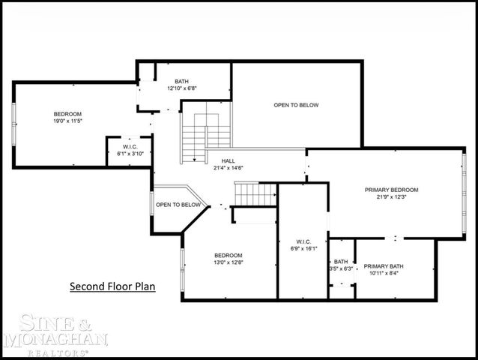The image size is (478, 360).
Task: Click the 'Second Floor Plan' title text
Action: pyautogui.click(x=112, y=286)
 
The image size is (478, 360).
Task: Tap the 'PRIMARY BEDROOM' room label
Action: pyautogui.click(x=391, y=190)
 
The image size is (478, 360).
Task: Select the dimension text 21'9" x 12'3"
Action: pyautogui.click(x=391, y=198)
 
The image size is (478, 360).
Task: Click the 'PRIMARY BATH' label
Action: pyautogui.click(x=383, y=266)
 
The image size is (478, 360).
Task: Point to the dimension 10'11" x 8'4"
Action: pyautogui.click(x=383, y=274)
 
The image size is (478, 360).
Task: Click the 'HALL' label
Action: pyautogui.click(x=229, y=160)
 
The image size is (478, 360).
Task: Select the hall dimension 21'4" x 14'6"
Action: pyautogui.click(x=229, y=167)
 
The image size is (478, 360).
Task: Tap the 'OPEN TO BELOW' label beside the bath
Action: pyautogui.click(x=296, y=105)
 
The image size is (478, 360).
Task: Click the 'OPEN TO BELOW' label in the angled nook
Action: pyautogui.click(x=178, y=205)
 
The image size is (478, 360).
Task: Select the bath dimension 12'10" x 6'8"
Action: pyautogui.click(x=182, y=88)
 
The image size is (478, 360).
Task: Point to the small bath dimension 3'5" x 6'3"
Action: pyautogui.click(x=341, y=268)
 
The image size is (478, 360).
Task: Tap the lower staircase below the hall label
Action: pyautogui.click(x=255, y=194)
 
